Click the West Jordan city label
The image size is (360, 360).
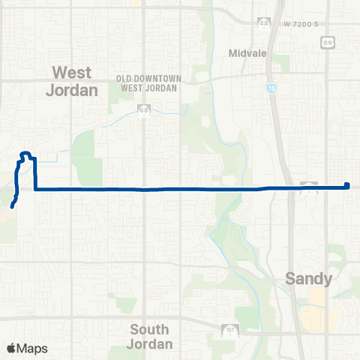(75, 81)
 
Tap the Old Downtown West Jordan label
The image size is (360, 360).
(147, 83)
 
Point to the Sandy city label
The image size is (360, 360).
(308, 279)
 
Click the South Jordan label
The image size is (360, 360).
(151, 337)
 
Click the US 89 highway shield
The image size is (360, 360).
(327, 45)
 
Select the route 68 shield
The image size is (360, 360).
(143, 111)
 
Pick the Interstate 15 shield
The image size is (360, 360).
(269, 88)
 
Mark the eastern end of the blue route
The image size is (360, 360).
(347, 185)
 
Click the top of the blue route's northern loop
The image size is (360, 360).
(25, 154)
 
